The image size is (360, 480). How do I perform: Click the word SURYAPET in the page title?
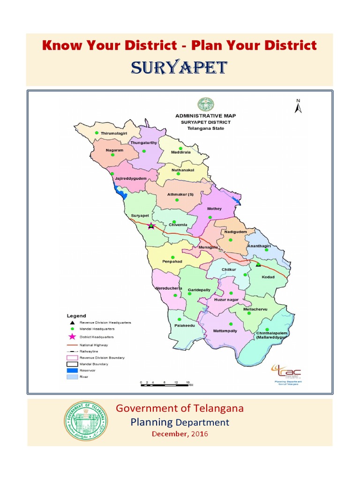point(180,68)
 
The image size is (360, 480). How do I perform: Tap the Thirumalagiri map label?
point(114,134)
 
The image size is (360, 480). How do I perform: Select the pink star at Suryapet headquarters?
point(151,226)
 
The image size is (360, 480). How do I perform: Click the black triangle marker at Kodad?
point(258,265)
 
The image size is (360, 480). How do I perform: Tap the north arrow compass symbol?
point(298,107)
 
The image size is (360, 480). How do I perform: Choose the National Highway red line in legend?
point(71,345)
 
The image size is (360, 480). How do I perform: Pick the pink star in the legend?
point(71,337)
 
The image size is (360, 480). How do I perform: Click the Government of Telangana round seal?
point(86,421)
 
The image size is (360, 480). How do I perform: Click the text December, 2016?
point(180,434)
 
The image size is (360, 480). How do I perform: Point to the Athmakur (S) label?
point(180,194)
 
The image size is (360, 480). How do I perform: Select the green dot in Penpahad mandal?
point(173,257)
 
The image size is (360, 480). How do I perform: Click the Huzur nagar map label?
point(226,299)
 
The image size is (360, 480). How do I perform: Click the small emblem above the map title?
point(205,104)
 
